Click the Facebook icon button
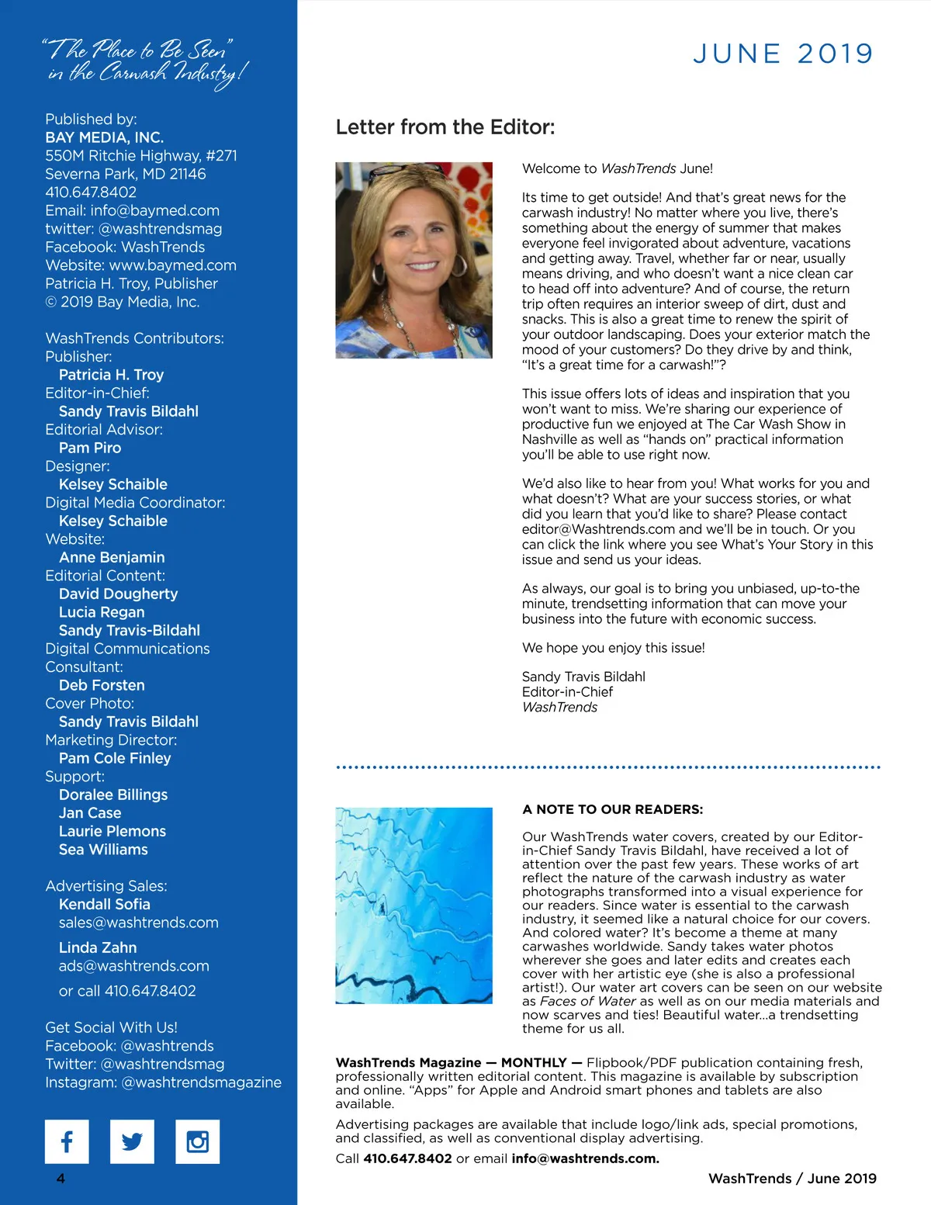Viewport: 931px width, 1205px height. [x=67, y=1141]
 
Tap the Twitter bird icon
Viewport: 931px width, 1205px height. [x=132, y=1141]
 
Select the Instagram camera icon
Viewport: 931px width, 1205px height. [x=197, y=1141]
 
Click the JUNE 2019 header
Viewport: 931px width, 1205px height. [x=783, y=54]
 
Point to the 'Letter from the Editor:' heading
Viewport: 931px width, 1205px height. [x=445, y=127]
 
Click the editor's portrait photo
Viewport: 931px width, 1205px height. [x=414, y=260]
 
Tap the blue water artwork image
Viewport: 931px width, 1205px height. [x=414, y=905]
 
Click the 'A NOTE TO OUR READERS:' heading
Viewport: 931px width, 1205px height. [x=613, y=809]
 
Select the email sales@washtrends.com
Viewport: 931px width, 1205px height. [x=139, y=923]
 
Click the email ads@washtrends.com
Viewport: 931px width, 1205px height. [x=134, y=966]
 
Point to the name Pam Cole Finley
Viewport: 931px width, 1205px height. [x=115, y=758]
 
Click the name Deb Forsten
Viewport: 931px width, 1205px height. [x=102, y=685]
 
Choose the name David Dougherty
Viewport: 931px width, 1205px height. [x=118, y=594]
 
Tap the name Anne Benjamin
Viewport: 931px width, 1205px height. [x=112, y=557]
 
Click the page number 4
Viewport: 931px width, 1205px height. [x=61, y=1179]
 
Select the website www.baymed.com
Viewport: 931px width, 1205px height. [x=172, y=265]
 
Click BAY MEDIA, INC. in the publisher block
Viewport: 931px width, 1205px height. [x=104, y=137]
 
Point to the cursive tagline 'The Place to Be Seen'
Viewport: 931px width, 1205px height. [x=138, y=50]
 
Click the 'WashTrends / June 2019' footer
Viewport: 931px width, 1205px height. [x=792, y=1179]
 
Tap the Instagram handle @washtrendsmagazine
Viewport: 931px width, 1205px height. [x=201, y=1082]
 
